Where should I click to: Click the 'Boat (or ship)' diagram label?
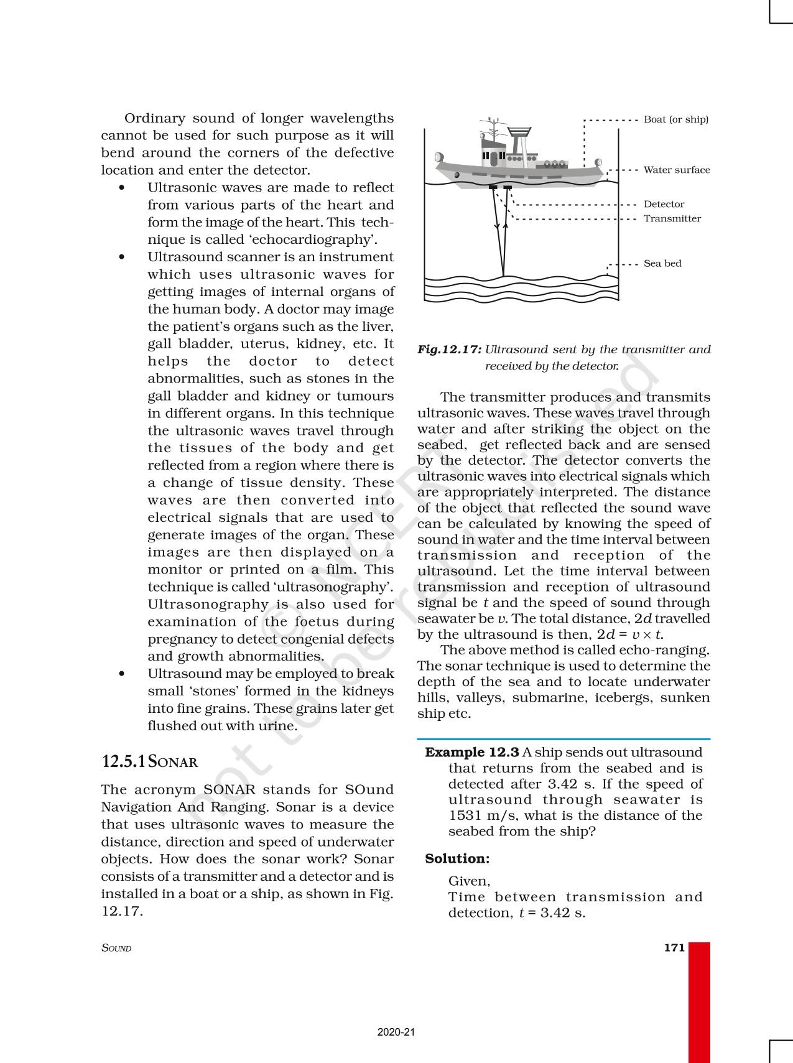[675, 119]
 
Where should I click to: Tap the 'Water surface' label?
[676, 170]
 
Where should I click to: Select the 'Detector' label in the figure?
[664, 204]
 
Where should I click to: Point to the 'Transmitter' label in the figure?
[672, 218]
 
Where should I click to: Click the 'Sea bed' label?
[662, 263]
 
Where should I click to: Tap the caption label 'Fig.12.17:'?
[449, 350]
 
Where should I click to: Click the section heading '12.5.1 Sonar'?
[149, 762]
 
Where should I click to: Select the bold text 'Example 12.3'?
[471, 752]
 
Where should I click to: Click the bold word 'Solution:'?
[457, 858]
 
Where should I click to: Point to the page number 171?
[674, 947]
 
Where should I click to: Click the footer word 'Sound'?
[116, 948]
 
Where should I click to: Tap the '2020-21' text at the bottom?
[396, 1032]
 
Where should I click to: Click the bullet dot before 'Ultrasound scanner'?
[121, 257]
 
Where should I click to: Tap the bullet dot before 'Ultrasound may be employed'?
[121, 674]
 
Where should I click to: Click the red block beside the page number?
[699, 1001]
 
